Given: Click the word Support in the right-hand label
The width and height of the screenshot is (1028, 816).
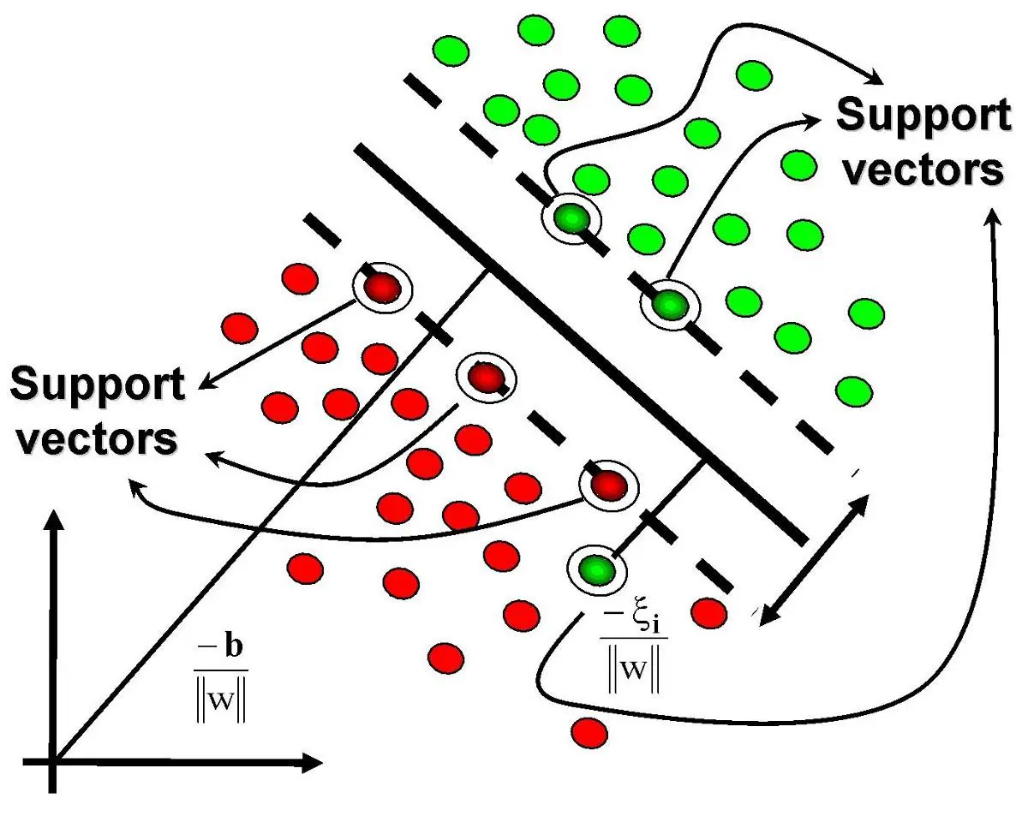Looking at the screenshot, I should click(923, 117).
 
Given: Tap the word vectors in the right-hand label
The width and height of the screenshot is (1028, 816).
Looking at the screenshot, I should click(923, 170).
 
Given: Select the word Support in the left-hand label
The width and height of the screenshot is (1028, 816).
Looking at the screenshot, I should click(97, 387).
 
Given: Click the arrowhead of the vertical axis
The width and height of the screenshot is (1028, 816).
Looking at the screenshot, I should click(55, 518).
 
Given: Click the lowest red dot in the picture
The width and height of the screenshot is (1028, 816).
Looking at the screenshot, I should click(589, 733).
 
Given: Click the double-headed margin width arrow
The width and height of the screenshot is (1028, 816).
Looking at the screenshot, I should click(813, 557).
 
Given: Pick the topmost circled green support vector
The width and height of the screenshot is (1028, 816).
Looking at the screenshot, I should click(571, 218).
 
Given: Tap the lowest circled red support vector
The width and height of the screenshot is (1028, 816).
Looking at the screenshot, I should click(608, 485).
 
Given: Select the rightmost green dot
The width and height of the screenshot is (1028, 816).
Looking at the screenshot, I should click(866, 314).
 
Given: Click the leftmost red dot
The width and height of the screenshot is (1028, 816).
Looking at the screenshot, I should click(240, 327).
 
